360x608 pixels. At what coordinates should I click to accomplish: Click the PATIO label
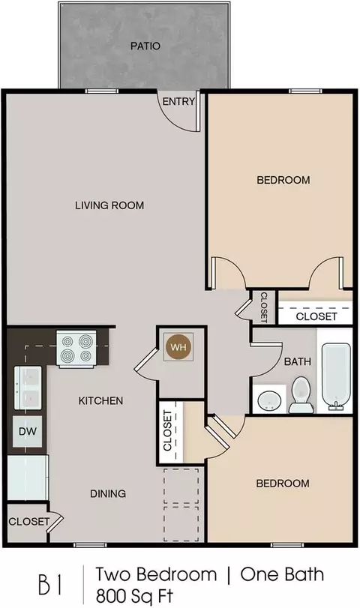[145, 46]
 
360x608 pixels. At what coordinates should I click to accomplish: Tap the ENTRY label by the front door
[178, 102]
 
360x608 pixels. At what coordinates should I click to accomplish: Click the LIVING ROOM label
[109, 205]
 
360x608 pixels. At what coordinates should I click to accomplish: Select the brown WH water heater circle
[178, 347]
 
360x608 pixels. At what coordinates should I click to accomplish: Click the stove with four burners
[76, 348]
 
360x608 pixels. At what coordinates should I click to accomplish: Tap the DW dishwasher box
[28, 431]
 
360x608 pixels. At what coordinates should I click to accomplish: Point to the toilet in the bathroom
[301, 395]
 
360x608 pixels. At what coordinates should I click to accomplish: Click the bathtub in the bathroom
[336, 376]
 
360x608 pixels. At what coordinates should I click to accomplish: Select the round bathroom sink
[269, 399]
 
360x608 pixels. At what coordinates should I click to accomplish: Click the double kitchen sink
[28, 388]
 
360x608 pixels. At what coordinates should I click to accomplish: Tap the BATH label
[298, 362]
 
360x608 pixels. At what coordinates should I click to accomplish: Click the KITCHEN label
[100, 400]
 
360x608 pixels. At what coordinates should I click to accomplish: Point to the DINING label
[108, 493]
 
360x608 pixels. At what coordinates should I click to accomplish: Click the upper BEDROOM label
[283, 180]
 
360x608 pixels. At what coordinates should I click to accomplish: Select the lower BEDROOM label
[283, 483]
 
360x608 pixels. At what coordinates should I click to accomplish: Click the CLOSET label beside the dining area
[29, 522]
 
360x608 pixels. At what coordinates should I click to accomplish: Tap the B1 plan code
[50, 585]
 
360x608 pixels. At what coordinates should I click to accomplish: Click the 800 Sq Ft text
[134, 595]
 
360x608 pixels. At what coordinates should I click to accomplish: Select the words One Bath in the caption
[282, 574]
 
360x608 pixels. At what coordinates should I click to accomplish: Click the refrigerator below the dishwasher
[28, 478]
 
